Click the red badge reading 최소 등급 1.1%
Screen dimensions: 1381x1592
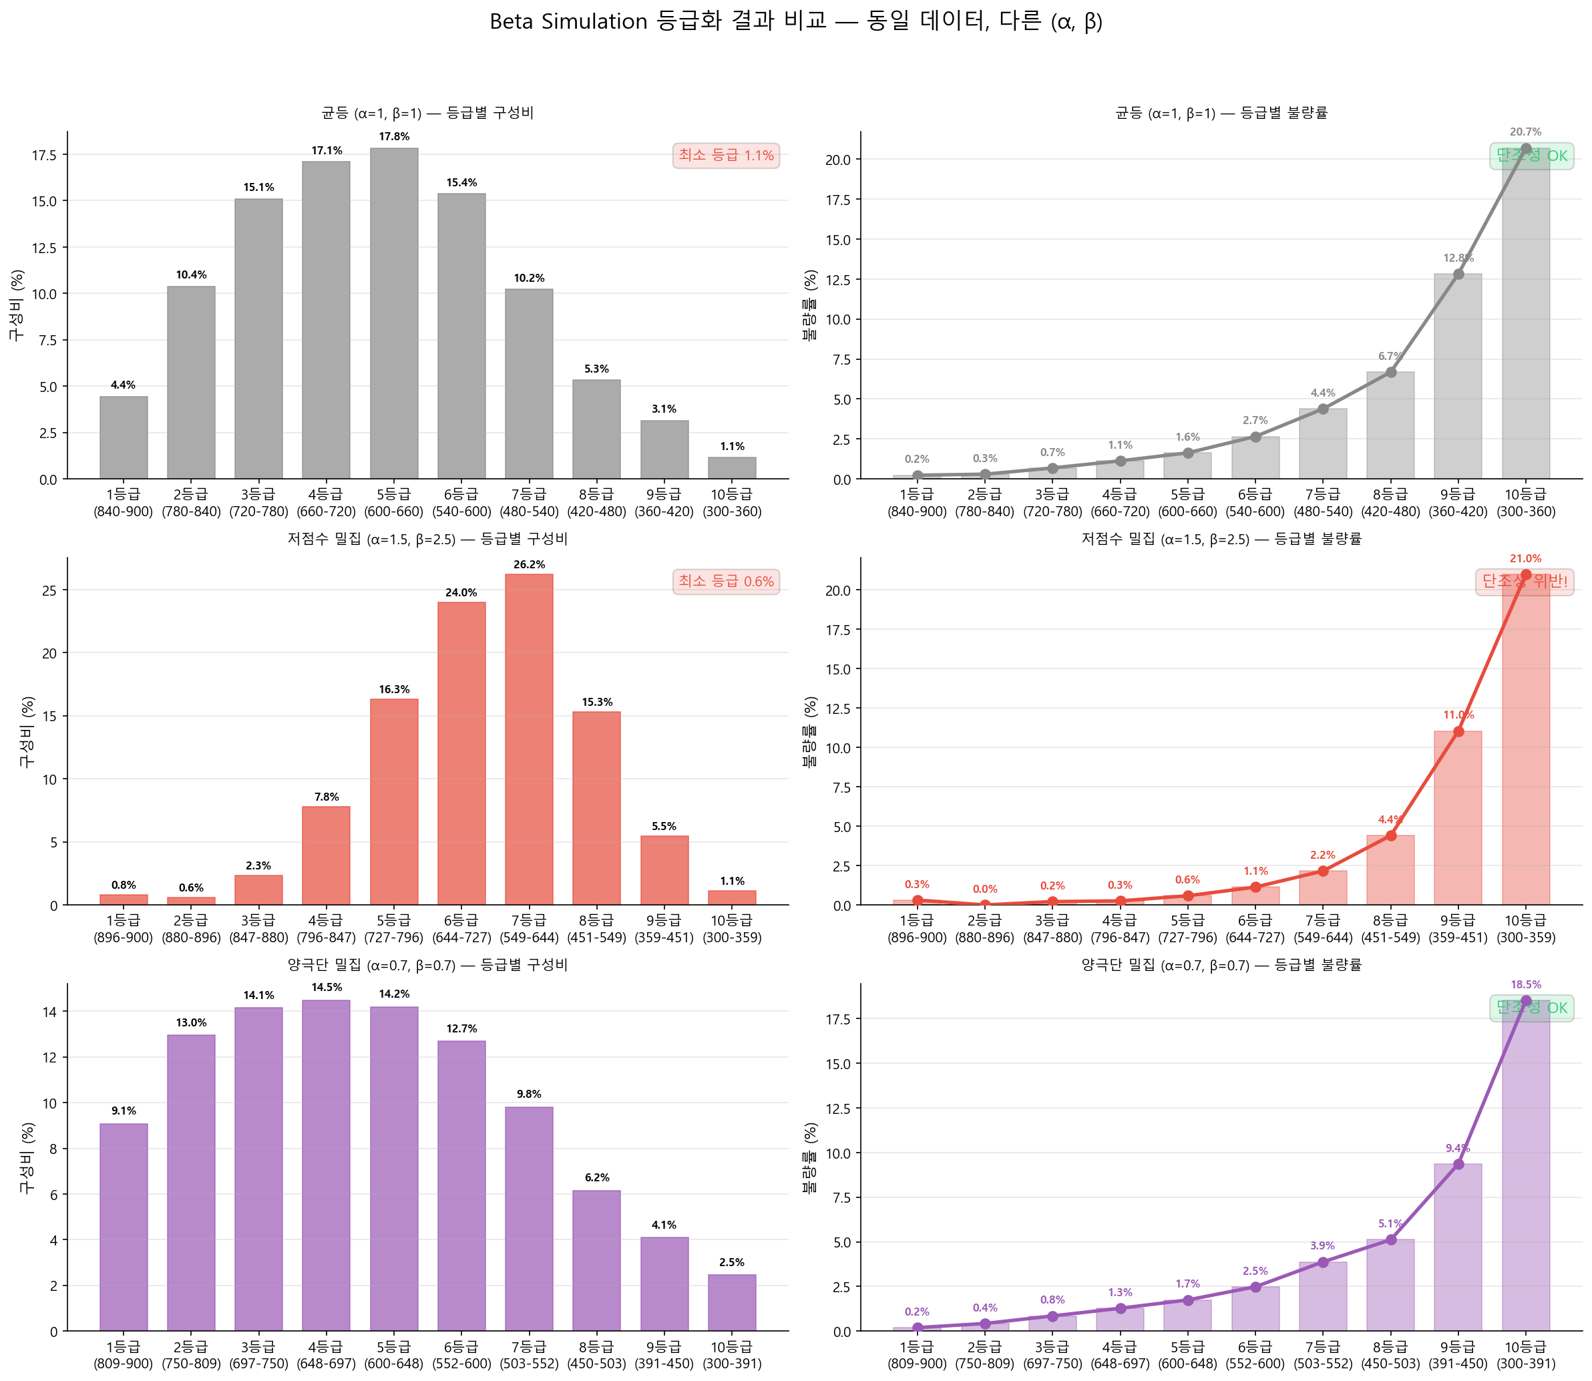click(725, 156)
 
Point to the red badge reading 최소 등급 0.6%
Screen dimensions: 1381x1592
click(725, 582)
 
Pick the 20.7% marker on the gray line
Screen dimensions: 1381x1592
click(1525, 149)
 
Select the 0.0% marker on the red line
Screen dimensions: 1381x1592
click(984, 905)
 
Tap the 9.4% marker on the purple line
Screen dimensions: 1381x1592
click(1458, 1164)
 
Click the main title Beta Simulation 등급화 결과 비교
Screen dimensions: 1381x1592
click(795, 21)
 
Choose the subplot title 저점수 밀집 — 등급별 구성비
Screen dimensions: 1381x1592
click(427, 539)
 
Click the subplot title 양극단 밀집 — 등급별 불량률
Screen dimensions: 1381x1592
click(1221, 965)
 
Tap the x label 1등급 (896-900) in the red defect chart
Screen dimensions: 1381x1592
click(916, 929)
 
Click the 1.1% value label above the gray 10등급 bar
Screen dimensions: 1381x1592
click(732, 446)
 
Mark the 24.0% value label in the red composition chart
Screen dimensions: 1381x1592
click(461, 592)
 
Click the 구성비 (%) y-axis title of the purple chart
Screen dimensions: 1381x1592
click(28, 1157)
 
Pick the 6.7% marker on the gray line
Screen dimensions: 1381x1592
click(1390, 372)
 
